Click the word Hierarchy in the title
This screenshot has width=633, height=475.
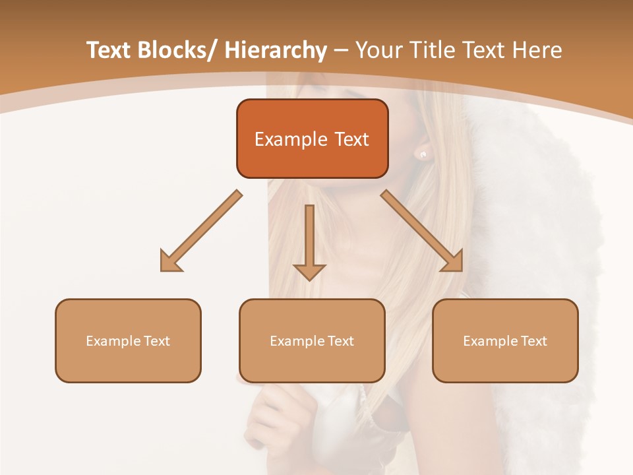point(276,50)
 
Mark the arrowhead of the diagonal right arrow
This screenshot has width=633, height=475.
point(452,261)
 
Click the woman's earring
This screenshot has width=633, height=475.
point(423,154)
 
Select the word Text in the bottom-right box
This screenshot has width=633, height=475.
point(534,341)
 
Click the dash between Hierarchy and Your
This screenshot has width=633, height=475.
point(341,50)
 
